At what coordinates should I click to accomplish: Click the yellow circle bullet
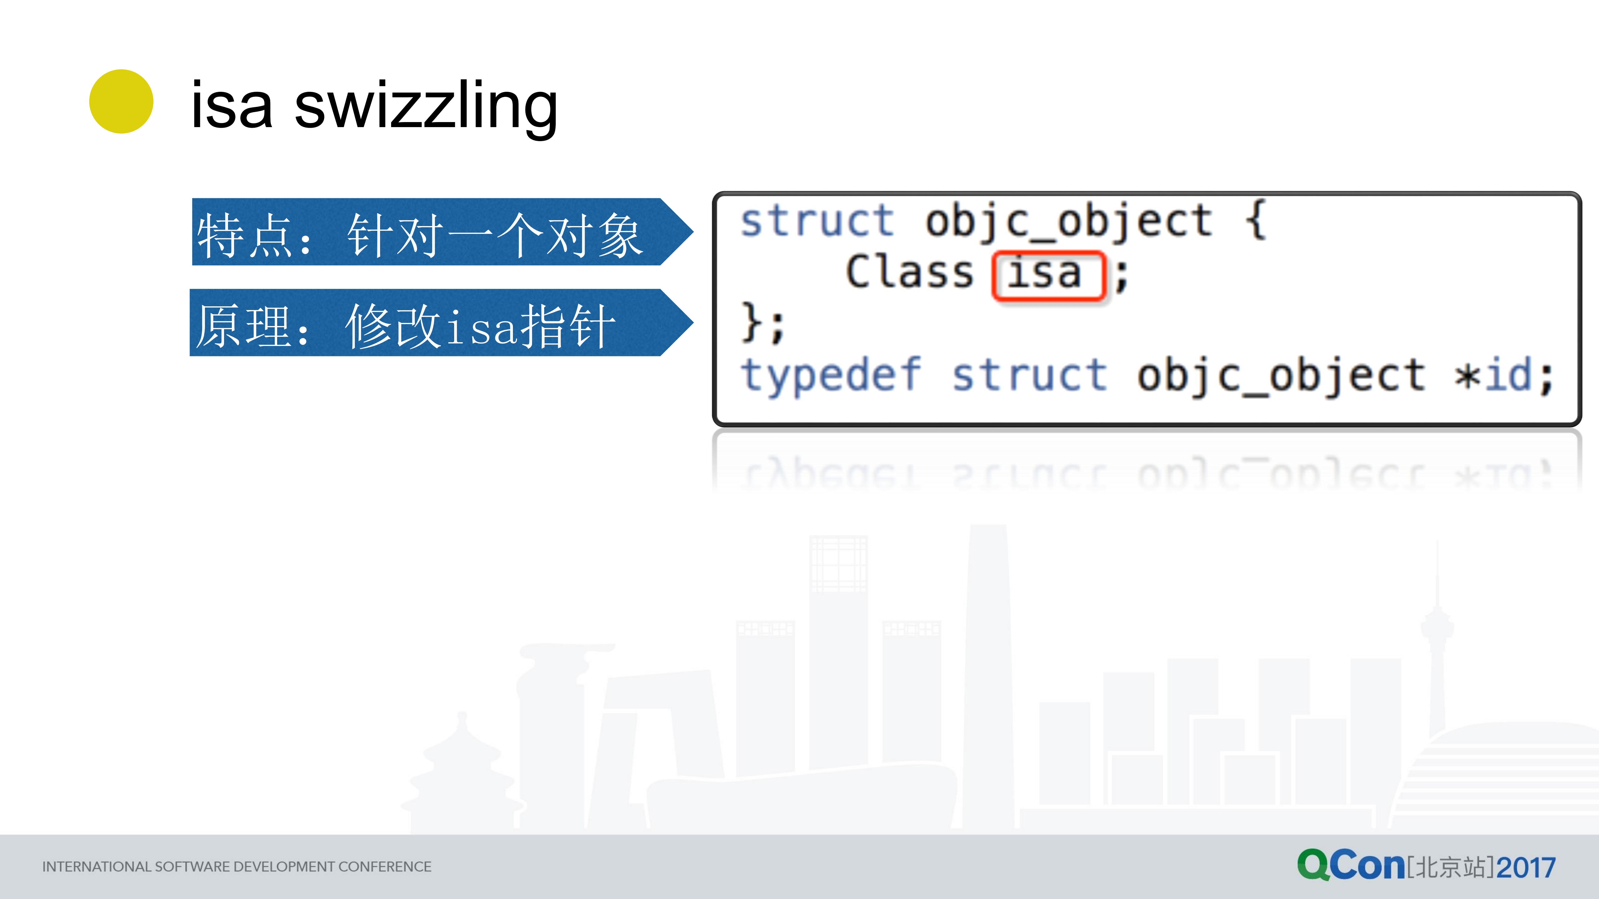(121, 101)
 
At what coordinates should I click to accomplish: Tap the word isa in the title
(231, 107)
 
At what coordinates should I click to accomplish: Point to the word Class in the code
(909, 273)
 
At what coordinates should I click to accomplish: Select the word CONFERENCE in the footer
(385, 867)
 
